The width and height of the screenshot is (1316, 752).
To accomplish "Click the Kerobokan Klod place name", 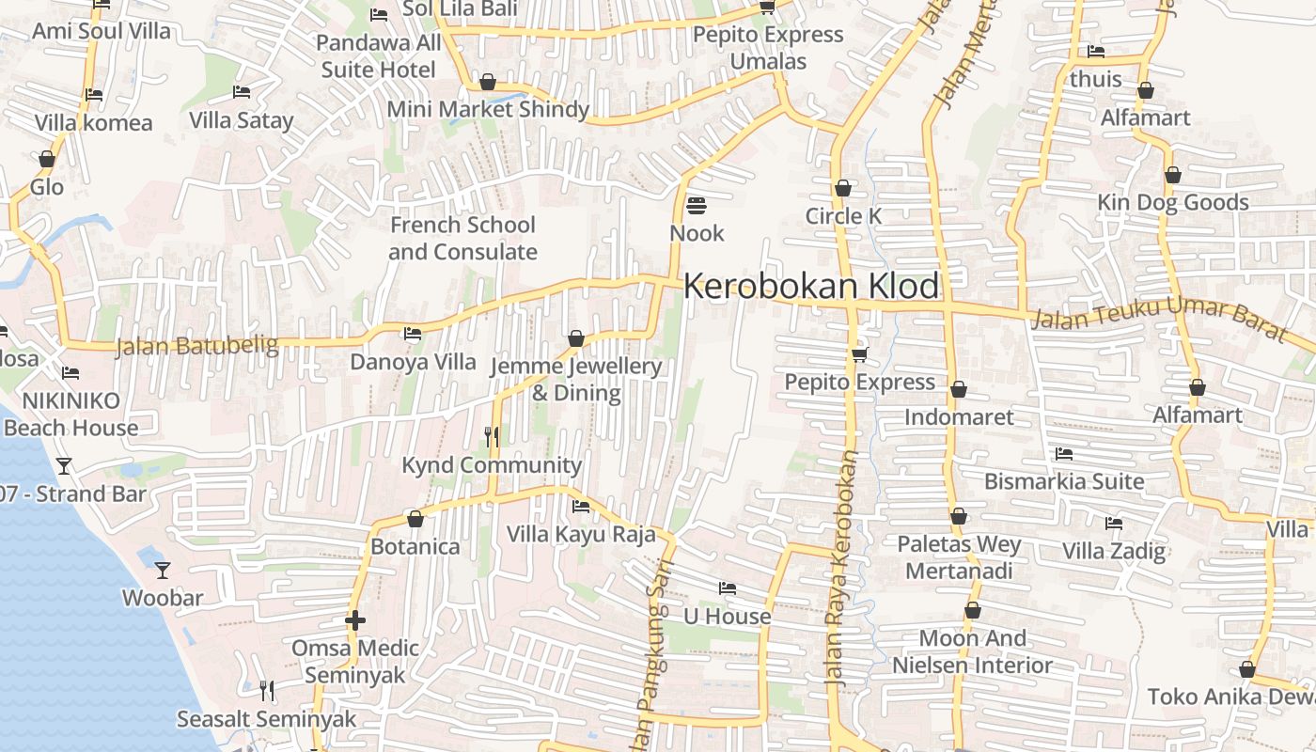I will (x=811, y=286).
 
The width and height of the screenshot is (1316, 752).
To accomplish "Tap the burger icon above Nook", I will (x=697, y=204).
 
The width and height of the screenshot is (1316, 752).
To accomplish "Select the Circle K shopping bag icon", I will (x=843, y=188).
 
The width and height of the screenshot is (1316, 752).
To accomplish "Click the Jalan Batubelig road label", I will (x=197, y=346).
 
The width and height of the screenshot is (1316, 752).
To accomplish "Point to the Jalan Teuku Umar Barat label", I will (x=1158, y=316).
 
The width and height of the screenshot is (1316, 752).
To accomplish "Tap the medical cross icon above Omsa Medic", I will (x=355, y=619).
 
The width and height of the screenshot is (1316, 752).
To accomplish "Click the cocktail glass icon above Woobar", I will (x=163, y=570).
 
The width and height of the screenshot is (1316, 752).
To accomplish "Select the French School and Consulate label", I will (x=462, y=238).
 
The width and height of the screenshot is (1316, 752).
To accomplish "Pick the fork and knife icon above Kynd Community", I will (x=491, y=436).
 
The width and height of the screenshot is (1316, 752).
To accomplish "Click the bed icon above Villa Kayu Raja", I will (x=581, y=507).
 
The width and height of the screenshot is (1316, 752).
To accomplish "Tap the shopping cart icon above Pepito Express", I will (x=859, y=354).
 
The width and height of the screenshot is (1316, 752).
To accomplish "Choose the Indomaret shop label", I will (x=959, y=416).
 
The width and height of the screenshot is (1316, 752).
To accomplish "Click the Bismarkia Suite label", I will (x=1064, y=481).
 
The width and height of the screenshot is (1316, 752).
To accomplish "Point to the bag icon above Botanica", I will (x=415, y=519).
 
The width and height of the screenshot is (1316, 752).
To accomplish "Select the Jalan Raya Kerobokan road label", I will (x=840, y=568).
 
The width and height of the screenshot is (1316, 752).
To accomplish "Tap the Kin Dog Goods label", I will (x=1173, y=202).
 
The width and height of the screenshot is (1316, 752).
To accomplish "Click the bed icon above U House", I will (x=727, y=588).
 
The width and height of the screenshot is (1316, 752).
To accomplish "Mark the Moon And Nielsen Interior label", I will (x=972, y=651).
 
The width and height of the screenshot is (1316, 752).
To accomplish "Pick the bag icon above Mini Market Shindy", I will (x=487, y=82).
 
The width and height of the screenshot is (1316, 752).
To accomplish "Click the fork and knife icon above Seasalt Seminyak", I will (x=267, y=691).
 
